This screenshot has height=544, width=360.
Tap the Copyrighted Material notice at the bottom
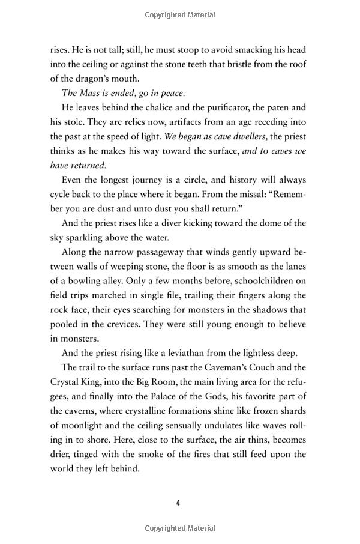pyautogui.click(x=179, y=528)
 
